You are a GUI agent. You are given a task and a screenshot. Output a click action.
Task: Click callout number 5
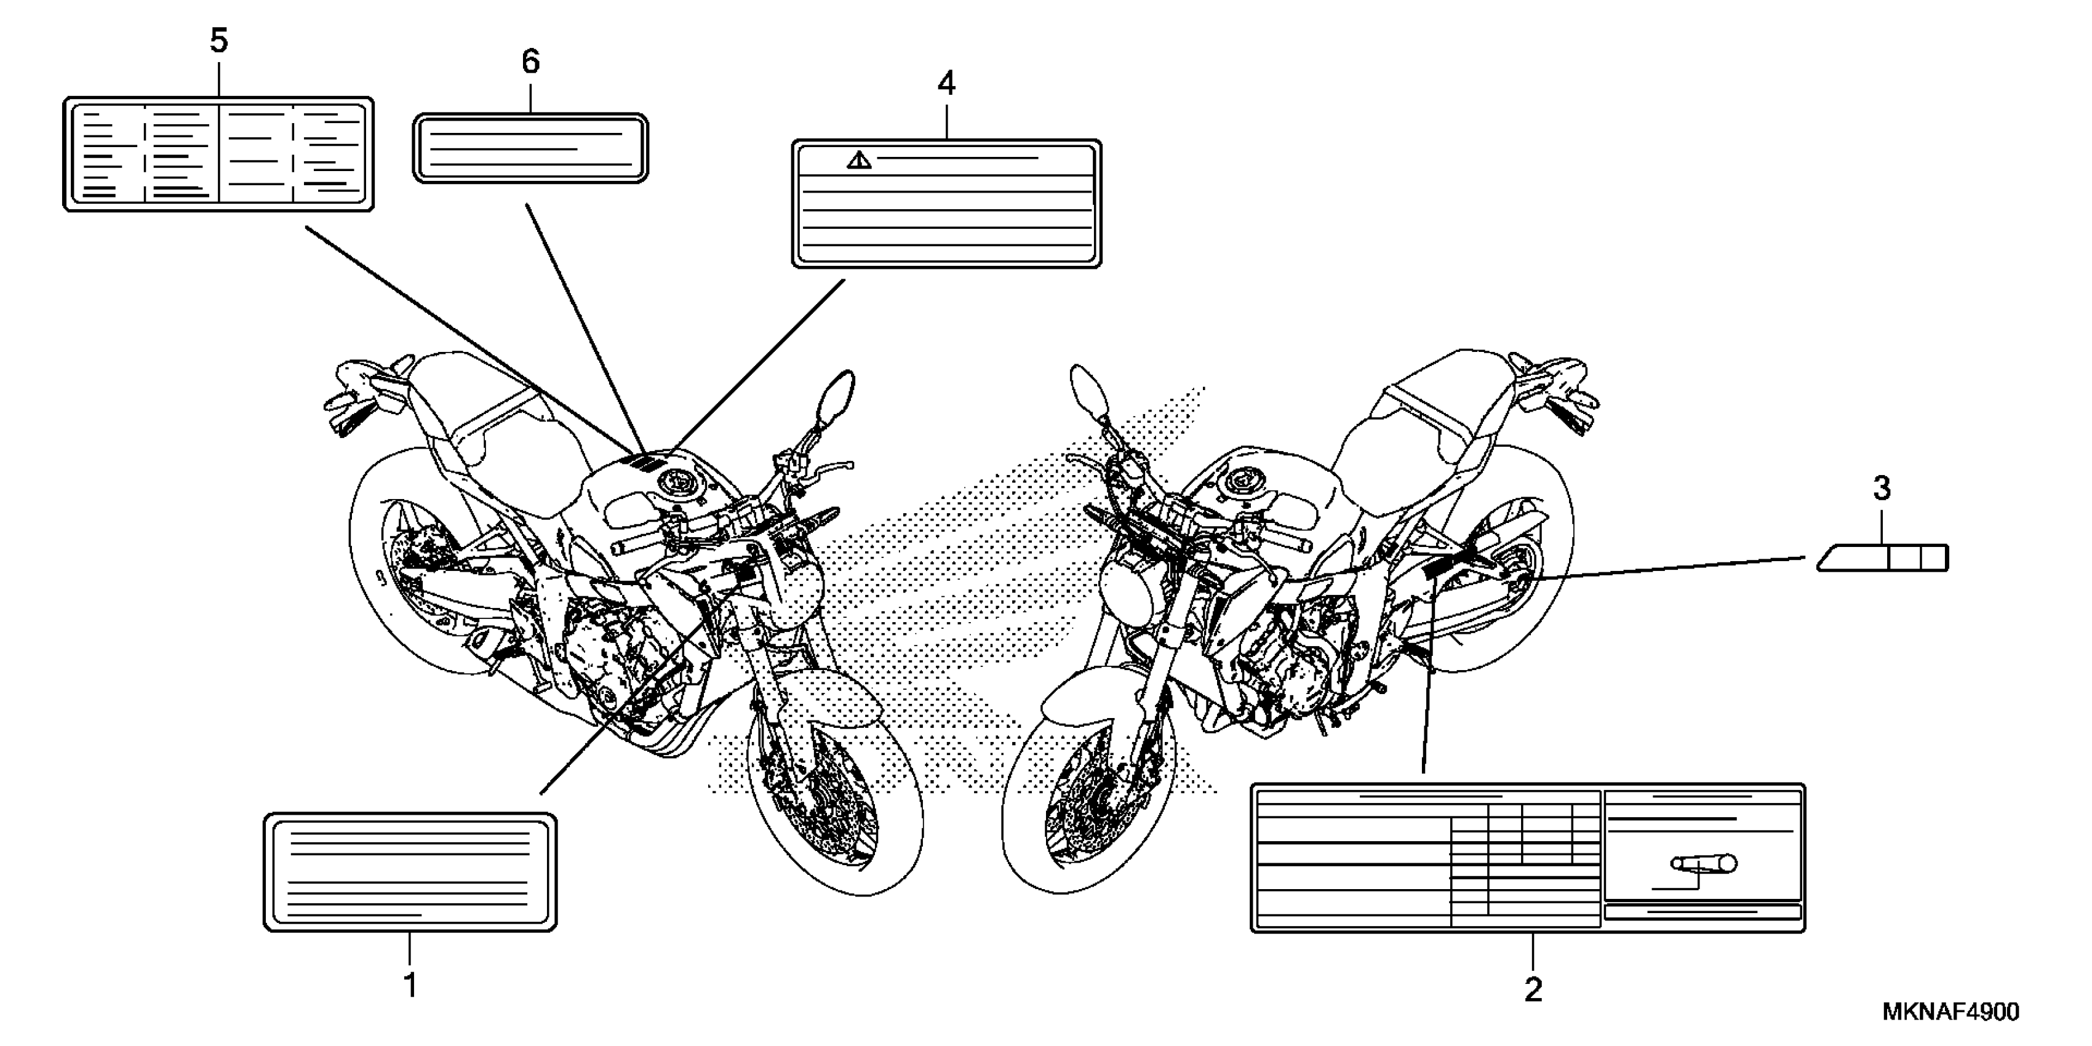218,41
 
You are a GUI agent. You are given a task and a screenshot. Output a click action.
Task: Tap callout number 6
530,62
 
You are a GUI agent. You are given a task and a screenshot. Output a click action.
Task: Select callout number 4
946,83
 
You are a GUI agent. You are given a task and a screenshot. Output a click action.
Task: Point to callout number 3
1882,489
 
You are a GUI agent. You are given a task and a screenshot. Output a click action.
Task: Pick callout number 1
410,985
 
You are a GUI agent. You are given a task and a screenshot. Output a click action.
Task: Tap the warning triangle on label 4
858,161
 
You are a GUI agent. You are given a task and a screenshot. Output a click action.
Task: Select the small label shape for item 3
1882,559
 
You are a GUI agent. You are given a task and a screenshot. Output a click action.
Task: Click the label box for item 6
530,148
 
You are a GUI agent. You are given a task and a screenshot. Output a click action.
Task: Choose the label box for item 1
410,872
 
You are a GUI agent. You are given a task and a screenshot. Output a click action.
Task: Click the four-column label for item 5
218,154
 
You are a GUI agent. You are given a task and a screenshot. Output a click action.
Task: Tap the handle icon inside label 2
1703,864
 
